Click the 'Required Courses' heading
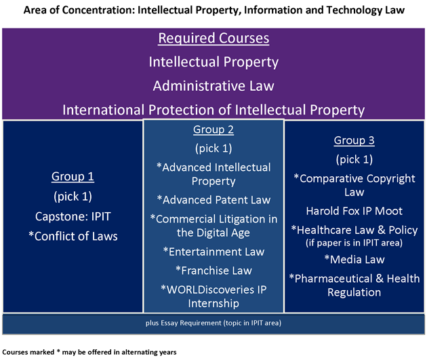click(213, 38)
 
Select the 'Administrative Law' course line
click(213, 86)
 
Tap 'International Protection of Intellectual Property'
click(213, 110)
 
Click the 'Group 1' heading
click(73, 176)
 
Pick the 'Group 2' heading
click(213, 129)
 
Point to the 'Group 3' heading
click(354, 140)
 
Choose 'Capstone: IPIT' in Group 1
click(73, 216)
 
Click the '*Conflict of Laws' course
click(73, 236)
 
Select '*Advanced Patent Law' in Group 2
click(213, 200)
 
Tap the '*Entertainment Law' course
click(213, 252)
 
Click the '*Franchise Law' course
click(213, 271)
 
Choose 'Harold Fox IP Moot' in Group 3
click(354, 211)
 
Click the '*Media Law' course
click(354, 260)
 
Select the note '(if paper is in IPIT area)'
click(354, 243)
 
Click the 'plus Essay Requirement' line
click(213, 323)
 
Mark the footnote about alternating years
click(89, 352)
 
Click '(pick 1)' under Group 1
click(73, 197)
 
